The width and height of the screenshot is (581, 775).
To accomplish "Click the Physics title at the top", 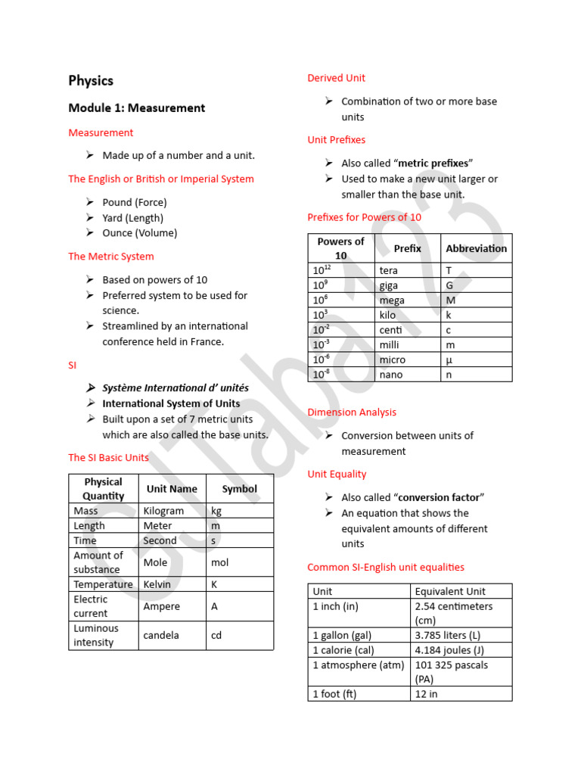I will click(x=91, y=81).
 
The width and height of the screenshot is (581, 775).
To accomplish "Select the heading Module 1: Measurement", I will click(x=136, y=108).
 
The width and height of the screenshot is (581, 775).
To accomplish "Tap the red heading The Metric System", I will click(x=110, y=257).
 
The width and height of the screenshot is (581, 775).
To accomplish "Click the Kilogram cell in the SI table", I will click(x=163, y=511).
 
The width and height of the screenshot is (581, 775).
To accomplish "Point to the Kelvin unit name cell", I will click(x=157, y=584).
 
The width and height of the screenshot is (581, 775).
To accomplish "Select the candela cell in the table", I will click(x=161, y=636).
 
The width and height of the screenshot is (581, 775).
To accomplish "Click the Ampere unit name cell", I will click(x=162, y=606).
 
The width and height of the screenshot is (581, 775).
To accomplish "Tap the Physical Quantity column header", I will click(x=104, y=489).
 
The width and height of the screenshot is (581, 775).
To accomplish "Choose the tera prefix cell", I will click(x=388, y=270).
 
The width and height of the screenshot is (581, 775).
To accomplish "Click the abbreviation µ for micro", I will click(x=449, y=359).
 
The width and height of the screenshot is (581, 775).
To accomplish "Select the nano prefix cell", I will click(x=390, y=375).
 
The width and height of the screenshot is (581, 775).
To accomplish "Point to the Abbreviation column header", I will click(x=476, y=248).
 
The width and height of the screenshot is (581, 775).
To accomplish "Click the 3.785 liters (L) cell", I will click(x=447, y=635).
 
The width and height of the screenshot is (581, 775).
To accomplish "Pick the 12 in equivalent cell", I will click(x=426, y=694).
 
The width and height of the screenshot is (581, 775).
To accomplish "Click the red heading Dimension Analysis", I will click(x=352, y=412).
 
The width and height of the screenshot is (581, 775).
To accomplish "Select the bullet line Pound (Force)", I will click(x=135, y=202).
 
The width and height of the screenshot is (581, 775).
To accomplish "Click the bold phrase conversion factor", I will click(x=440, y=497).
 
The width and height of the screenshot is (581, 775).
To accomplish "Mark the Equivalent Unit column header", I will click(x=450, y=591).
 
